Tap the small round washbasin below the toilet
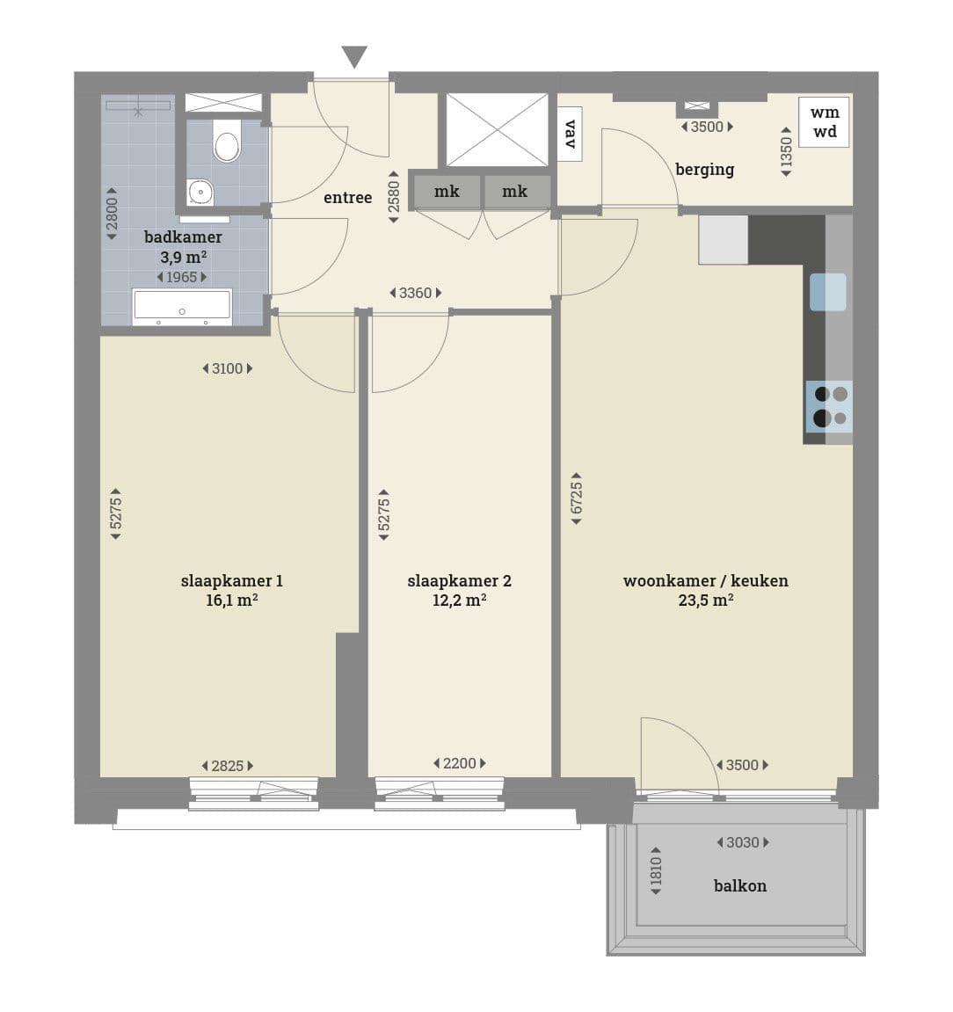coord(200,192)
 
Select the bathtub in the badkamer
coord(182,308)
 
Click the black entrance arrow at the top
coord(354,57)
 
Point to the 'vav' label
coord(571,135)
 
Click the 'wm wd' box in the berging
coord(824,122)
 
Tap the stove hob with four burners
coord(829,406)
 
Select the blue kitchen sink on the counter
coord(828,292)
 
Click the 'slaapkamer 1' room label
coord(231,581)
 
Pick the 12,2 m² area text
coord(460,601)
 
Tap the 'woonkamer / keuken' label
coord(706,581)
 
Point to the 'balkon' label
coord(740,885)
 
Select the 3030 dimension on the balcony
coord(743,842)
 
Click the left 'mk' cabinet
coord(447,191)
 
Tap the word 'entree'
coord(348,198)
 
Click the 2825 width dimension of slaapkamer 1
coord(228,766)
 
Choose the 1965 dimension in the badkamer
coord(182,277)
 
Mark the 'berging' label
coord(704,170)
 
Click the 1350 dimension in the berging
coord(786,152)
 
